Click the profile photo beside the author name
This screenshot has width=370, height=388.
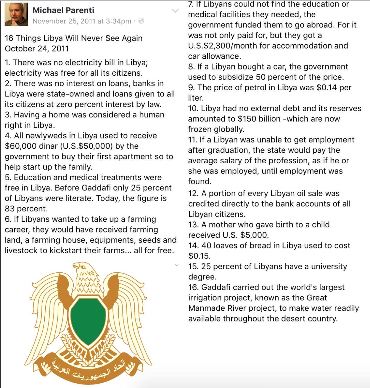click(16, 14)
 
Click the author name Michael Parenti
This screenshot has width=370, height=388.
click(63, 10)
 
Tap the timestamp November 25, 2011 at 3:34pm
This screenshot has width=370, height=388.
click(82, 21)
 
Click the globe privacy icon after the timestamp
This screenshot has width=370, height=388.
click(141, 21)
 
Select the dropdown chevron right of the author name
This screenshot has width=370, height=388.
click(175, 11)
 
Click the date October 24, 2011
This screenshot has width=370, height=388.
click(37, 48)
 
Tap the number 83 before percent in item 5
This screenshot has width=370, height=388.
click(9, 209)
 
